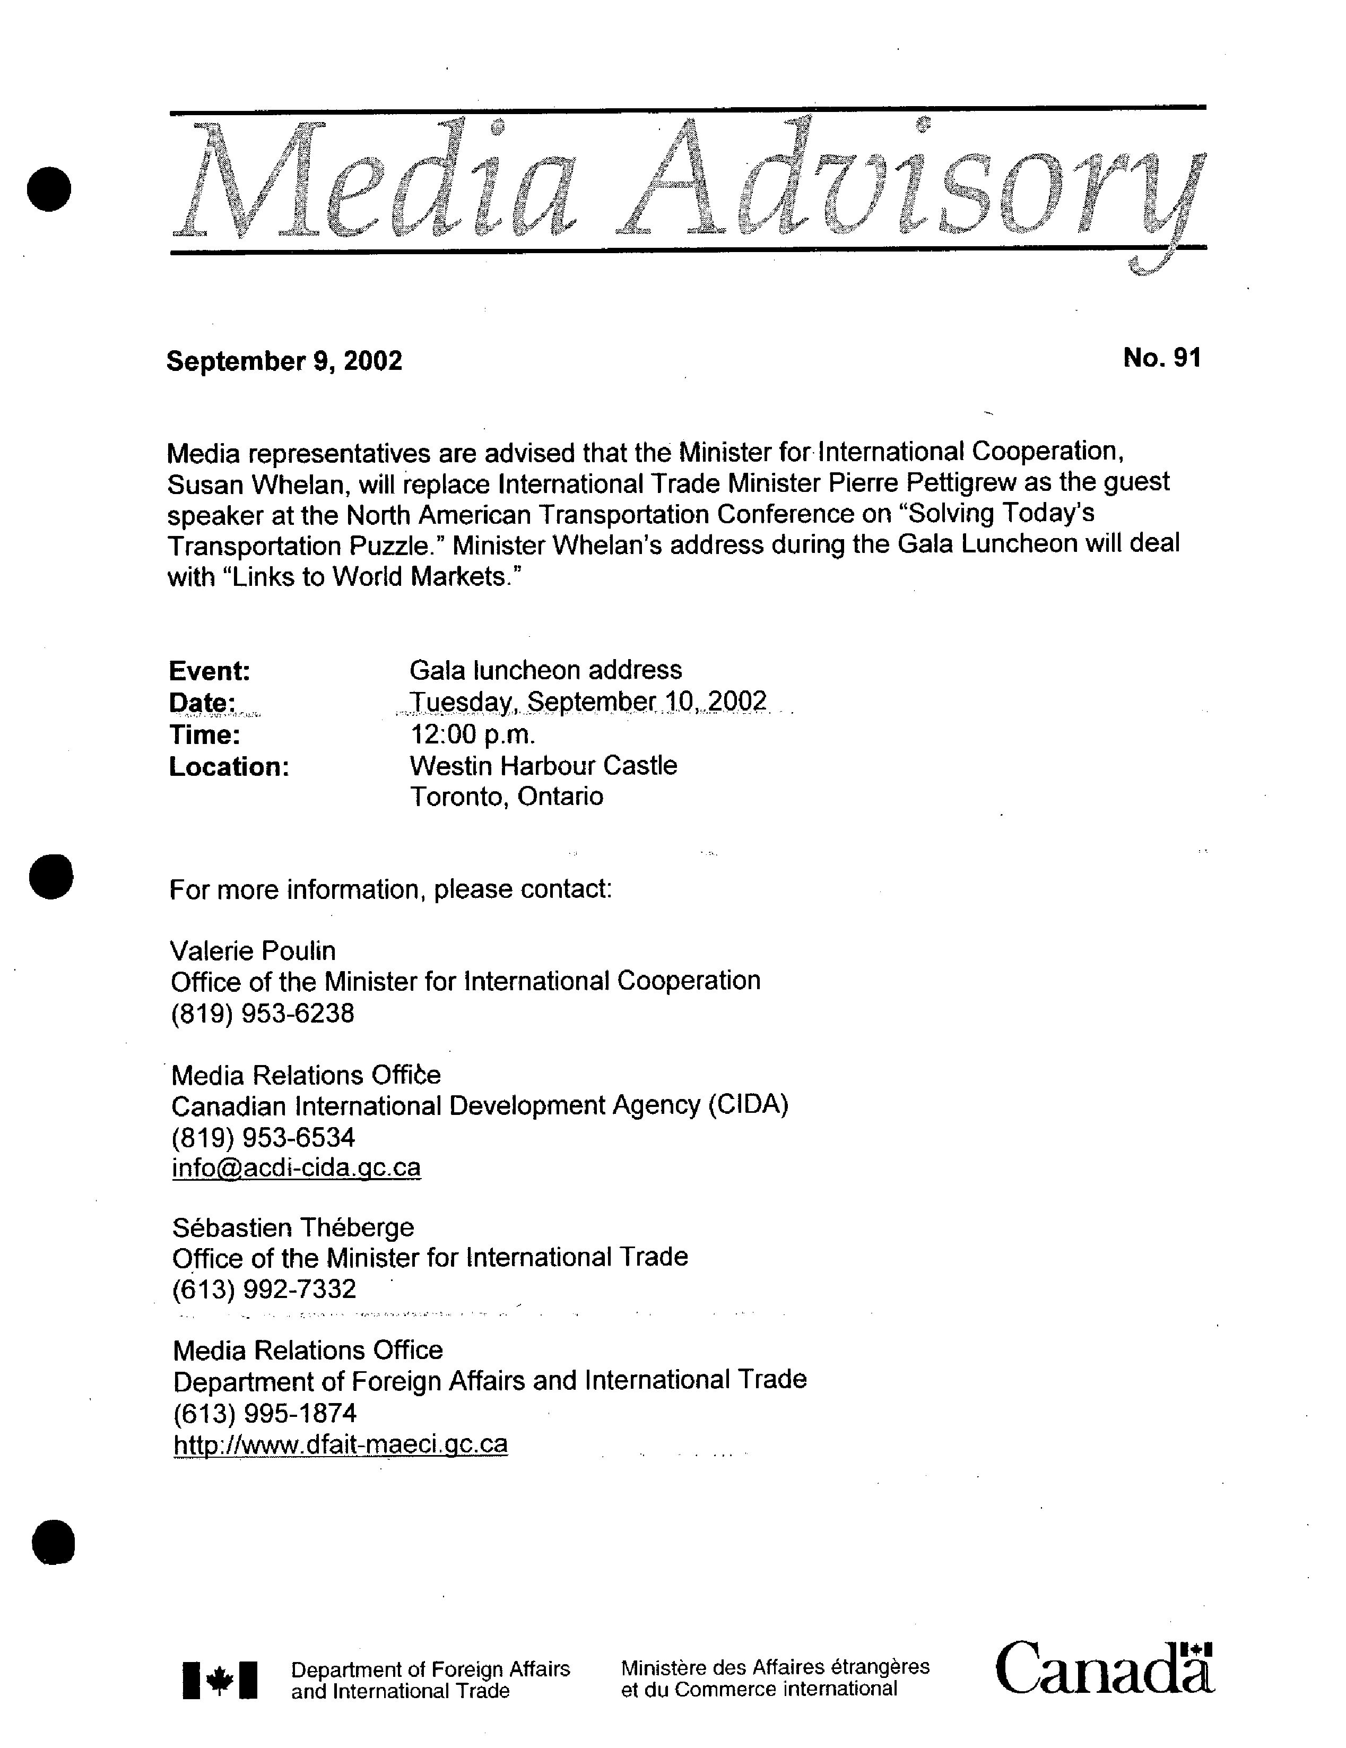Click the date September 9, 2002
tap(284, 361)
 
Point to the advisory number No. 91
tap(1161, 358)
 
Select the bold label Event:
tap(210, 671)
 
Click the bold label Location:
tap(229, 767)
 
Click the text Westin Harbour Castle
tap(543, 766)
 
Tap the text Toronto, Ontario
tap(507, 797)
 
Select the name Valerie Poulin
tap(253, 951)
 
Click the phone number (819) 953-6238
tap(263, 1014)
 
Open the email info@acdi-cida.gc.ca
tap(296, 1168)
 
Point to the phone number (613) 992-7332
tap(264, 1290)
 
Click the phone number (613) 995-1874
tap(265, 1414)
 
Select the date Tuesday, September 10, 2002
tap(588, 702)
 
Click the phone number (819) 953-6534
tap(263, 1137)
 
